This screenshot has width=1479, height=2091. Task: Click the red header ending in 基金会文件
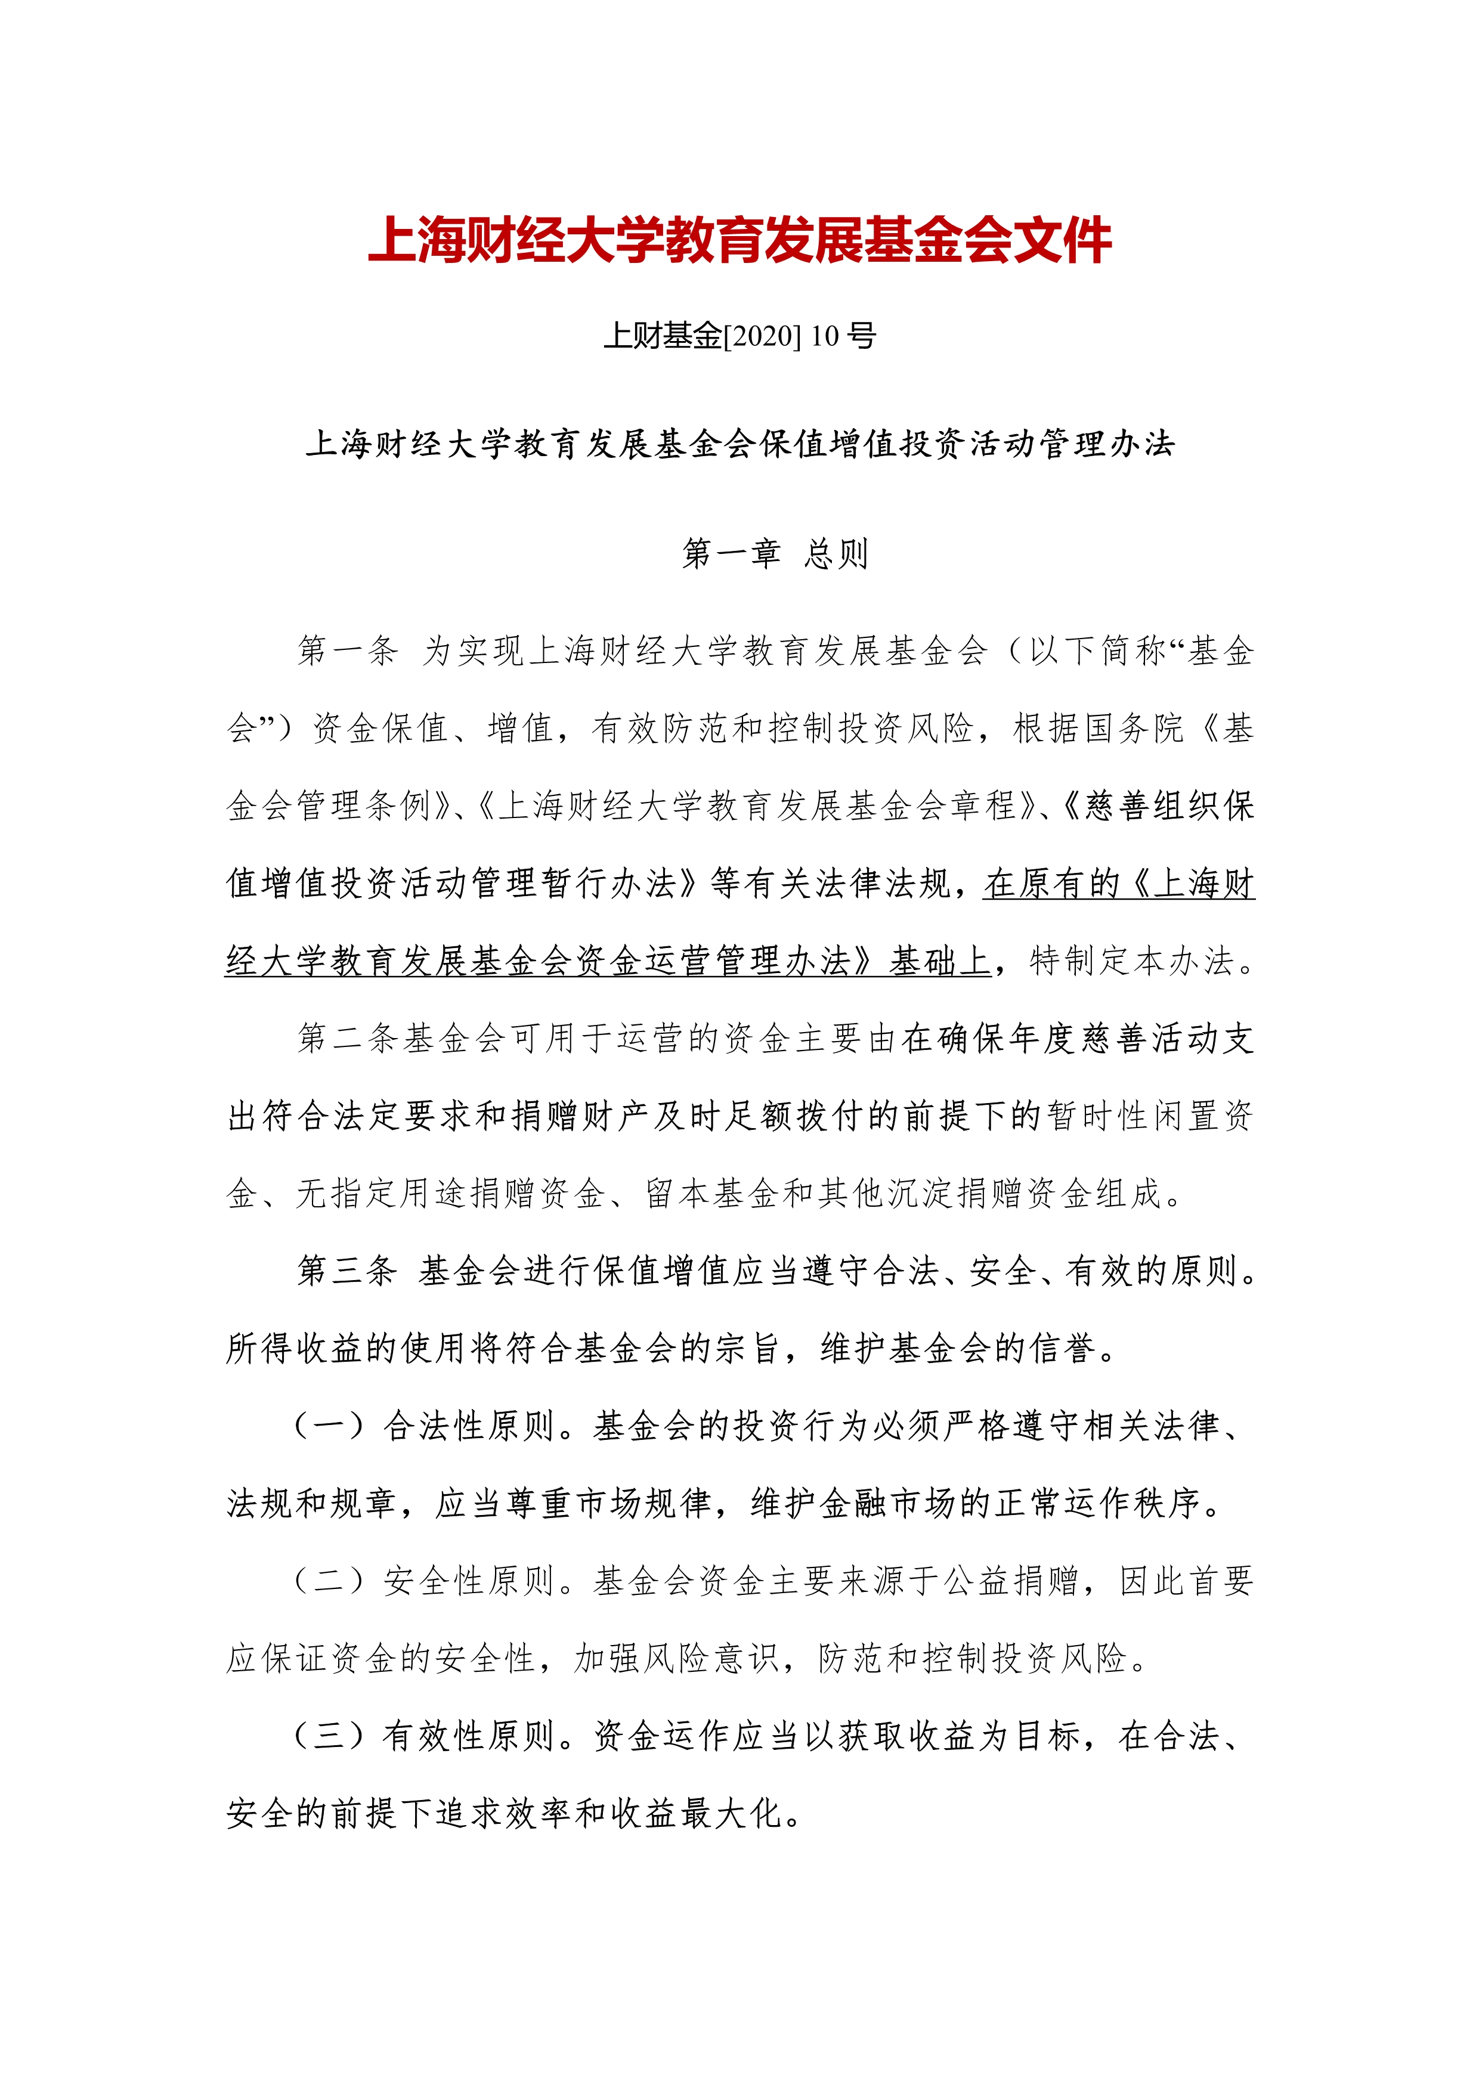(x=739, y=241)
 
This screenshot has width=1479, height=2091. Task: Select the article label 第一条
(x=347, y=650)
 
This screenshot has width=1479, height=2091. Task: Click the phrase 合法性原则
(x=469, y=1425)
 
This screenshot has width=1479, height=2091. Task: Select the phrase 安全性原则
(x=469, y=1580)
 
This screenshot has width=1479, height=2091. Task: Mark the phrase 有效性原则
(x=469, y=1736)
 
